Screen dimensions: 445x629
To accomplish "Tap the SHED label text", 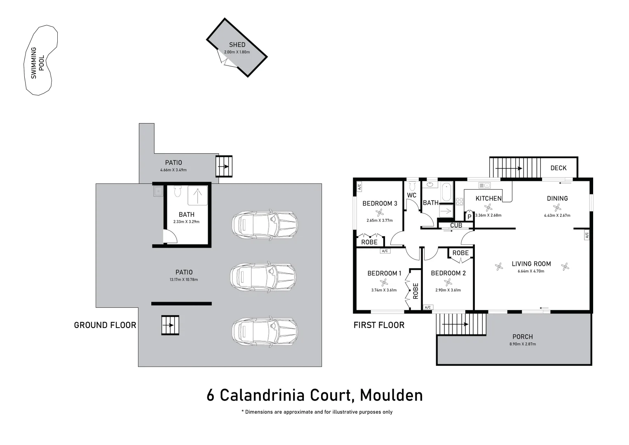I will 237,44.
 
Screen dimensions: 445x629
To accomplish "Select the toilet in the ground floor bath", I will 178,192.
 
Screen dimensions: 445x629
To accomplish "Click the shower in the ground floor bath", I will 198,195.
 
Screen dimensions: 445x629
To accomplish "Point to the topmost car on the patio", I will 264,225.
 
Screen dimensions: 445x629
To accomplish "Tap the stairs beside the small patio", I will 224,166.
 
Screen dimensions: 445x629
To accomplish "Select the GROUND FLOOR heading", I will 105,325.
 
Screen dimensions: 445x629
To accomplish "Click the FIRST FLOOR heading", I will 379,325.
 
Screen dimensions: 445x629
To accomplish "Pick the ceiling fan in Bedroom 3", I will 380,213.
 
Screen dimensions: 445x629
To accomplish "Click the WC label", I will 411,195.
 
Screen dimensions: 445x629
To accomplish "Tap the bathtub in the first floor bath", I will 446,192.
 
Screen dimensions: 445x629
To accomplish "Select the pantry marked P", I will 469,217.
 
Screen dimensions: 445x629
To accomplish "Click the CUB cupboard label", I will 456,225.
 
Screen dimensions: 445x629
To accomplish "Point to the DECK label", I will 558,168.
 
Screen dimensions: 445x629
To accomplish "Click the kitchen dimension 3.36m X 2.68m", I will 488,215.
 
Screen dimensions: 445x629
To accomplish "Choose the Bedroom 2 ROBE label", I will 460,253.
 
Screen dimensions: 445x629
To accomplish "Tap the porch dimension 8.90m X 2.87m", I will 523,344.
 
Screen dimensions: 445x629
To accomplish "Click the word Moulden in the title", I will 391,395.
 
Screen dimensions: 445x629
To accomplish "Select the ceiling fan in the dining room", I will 557,208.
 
